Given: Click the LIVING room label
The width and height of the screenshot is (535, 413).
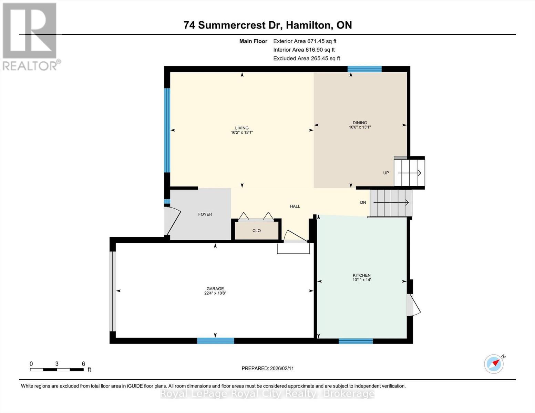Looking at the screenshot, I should click(x=242, y=128).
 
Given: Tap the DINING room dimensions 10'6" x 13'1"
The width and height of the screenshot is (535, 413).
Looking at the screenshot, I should click(x=360, y=127).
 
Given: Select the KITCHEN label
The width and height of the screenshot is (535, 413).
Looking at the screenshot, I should click(x=361, y=275).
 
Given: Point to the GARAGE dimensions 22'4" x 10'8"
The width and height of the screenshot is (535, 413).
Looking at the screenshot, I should click(x=215, y=293).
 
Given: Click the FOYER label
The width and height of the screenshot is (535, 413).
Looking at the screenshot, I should click(x=205, y=214).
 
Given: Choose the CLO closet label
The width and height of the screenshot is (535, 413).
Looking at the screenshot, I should click(x=256, y=231).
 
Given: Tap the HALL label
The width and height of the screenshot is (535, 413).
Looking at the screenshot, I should click(x=295, y=206).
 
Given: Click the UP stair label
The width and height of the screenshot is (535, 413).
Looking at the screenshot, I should click(x=386, y=173).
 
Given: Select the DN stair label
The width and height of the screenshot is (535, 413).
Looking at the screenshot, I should click(x=363, y=202).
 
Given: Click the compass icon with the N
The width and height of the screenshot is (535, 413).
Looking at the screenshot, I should click(x=494, y=363).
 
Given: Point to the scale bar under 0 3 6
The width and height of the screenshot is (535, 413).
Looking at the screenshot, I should click(x=57, y=370).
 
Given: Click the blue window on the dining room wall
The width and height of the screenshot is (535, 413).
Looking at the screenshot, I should click(x=364, y=69).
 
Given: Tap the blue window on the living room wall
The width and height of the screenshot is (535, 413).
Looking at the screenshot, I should click(x=167, y=130).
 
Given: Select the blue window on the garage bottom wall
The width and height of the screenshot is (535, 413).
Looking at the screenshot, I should click(x=215, y=341).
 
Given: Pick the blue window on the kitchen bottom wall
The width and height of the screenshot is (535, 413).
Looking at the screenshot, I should click(x=356, y=341).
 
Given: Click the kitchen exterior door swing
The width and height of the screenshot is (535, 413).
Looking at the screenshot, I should click(x=413, y=305).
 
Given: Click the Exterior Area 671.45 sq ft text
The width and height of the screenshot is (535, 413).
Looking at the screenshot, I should click(x=305, y=41).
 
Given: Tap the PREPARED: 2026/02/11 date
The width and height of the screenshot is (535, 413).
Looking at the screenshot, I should click(x=267, y=368).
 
